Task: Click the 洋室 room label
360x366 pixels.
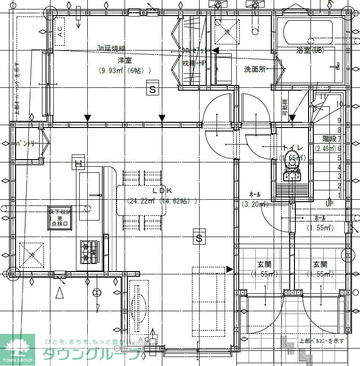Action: [125, 60]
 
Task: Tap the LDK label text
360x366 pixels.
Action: [160, 190]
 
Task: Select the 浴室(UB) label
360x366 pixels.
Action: [310, 50]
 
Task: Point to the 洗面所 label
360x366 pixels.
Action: [255, 69]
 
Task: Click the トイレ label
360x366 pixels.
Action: [292, 148]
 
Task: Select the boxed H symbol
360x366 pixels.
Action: [78, 164]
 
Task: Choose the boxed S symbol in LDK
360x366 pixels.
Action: [199, 238]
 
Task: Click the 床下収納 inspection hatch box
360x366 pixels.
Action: [60, 218]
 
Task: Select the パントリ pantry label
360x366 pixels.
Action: [25, 143]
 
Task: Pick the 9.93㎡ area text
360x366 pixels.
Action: [112, 71]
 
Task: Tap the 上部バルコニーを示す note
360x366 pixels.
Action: [322, 340]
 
